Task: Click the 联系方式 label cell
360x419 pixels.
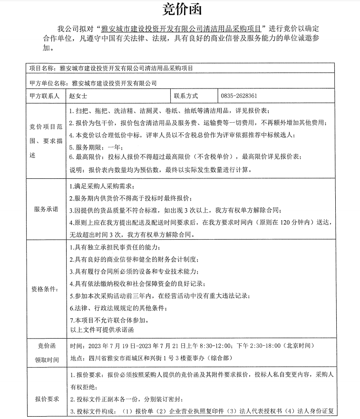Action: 186,96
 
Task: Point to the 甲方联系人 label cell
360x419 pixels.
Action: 44,96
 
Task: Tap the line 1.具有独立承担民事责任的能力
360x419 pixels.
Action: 112,249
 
